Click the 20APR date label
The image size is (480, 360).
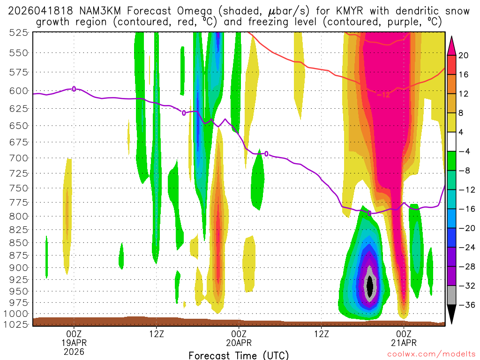(239, 343)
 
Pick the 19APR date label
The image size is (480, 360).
(74, 343)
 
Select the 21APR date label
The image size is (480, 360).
(404, 343)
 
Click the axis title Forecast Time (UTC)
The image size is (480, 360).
(239, 355)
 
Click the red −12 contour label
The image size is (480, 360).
(383, 95)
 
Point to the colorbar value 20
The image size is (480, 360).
(464, 55)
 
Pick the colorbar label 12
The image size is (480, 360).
(464, 94)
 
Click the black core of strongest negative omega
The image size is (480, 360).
(370, 285)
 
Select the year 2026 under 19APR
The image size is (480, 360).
(74, 352)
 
